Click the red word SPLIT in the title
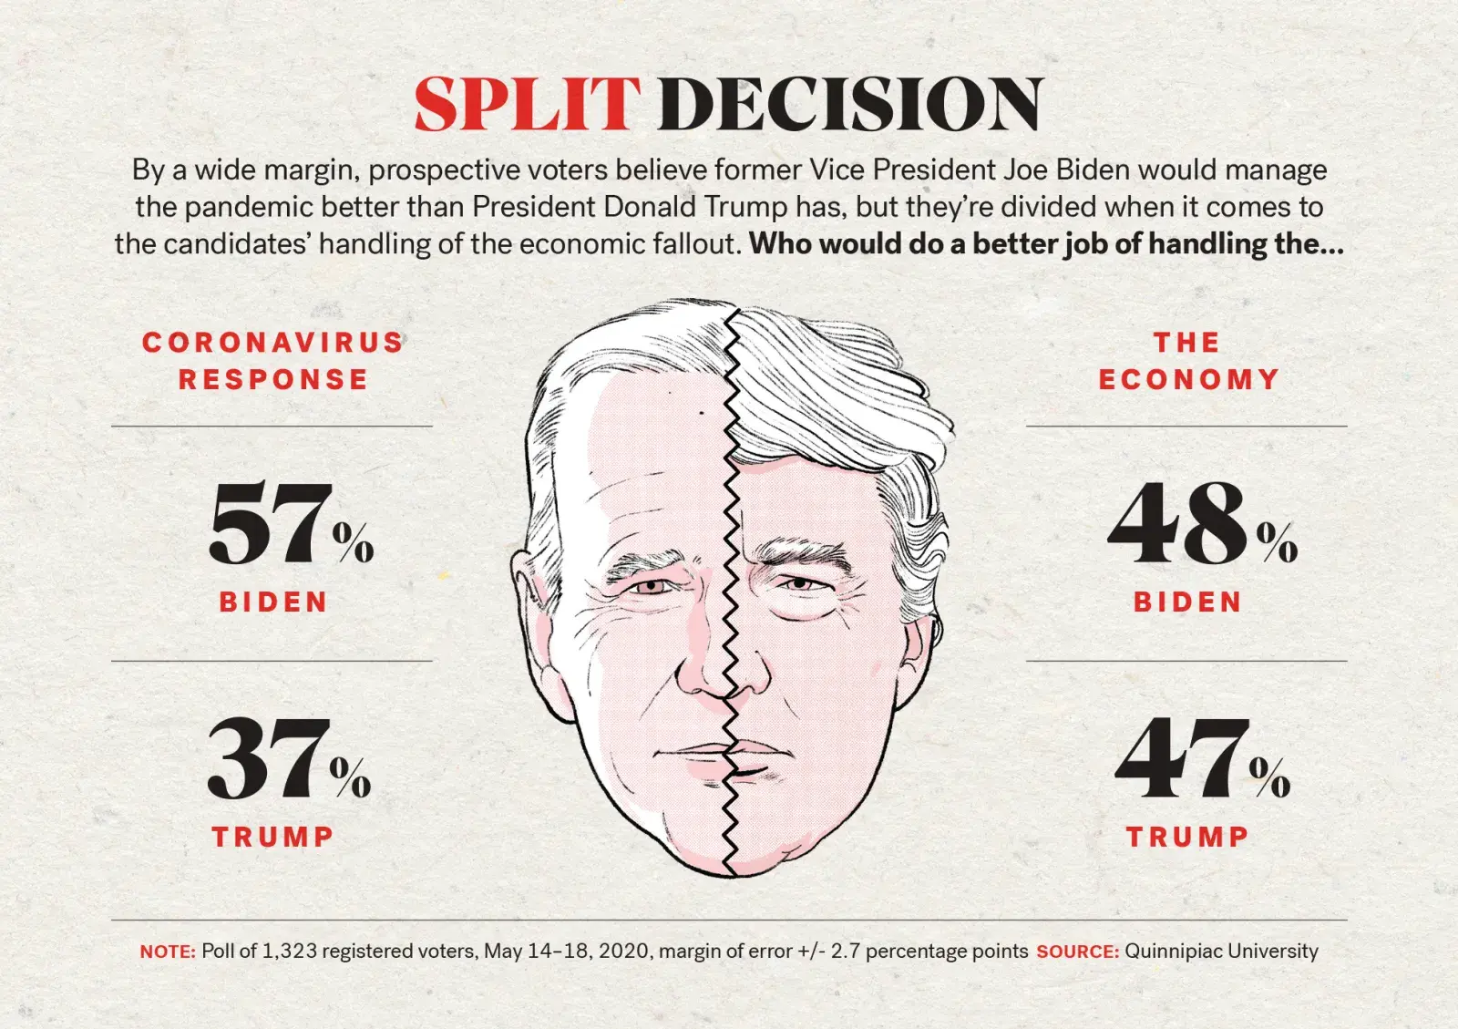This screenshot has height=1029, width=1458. coord(527,104)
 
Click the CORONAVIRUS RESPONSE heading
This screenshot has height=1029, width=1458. coord(272,361)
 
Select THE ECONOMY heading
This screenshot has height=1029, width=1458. coord(1188,361)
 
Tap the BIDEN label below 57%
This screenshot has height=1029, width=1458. coord(273,602)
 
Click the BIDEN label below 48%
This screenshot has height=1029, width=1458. coord(1188,602)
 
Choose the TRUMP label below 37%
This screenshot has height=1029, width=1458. coord(273,837)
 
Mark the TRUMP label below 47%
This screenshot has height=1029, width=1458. coord(1188,837)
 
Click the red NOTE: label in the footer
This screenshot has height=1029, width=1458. coord(168,952)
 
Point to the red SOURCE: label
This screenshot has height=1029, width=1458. coord(1077,952)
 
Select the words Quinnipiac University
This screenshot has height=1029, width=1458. coord(1221,952)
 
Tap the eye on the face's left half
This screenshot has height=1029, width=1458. coord(652,586)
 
